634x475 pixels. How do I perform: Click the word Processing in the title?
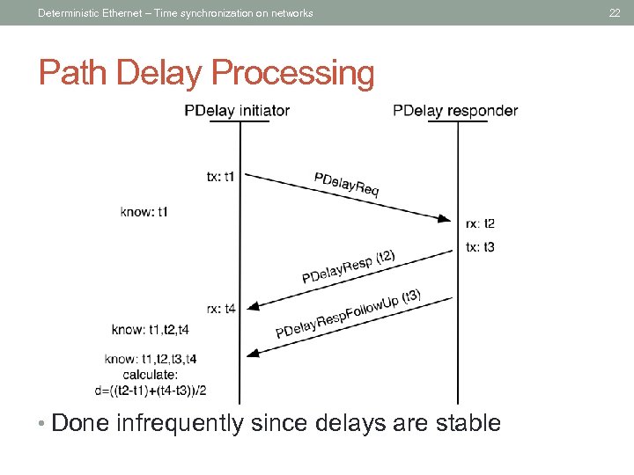(x=299, y=74)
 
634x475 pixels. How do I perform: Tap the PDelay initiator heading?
(x=237, y=111)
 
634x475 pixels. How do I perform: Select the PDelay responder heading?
(x=455, y=111)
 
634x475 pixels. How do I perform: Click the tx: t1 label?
(x=220, y=176)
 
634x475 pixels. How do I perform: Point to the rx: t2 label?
(x=480, y=223)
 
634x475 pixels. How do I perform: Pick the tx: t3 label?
(x=480, y=247)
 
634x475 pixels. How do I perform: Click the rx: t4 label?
(x=221, y=308)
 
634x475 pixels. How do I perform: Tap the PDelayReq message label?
(x=347, y=185)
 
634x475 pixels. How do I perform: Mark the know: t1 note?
(x=144, y=211)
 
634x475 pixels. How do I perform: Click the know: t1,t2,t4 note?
(x=151, y=330)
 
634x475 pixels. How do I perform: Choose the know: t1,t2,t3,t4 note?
(x=151, y=359)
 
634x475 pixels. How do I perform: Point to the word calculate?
(x=151, y=375)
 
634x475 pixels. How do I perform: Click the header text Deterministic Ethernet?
(x=86, y=12)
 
